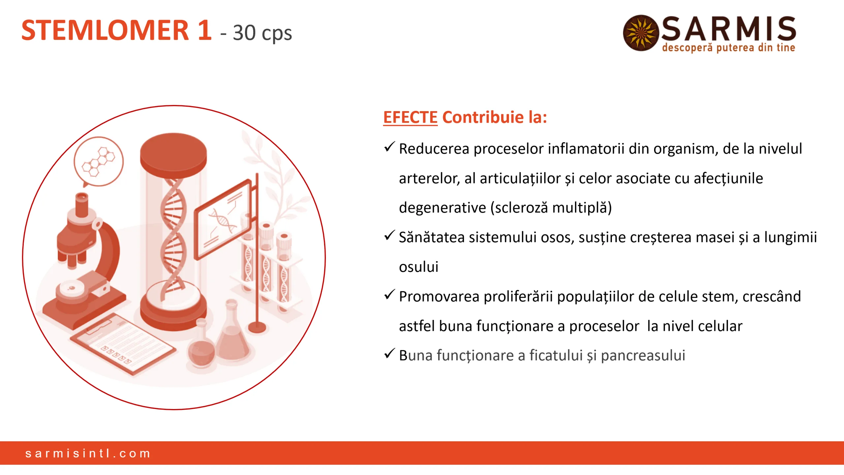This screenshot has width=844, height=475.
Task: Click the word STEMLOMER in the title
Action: pos(105,30)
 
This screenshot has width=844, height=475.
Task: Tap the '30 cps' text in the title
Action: pos(262,33)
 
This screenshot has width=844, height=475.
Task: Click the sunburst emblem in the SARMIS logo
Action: pos(641,33)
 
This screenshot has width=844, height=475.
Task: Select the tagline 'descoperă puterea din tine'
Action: pos(728,47)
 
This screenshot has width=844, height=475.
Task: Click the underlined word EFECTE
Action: pos(410,117)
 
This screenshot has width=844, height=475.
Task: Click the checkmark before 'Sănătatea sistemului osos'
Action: pos(389,236)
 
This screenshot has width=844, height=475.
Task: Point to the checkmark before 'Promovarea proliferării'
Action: pos(389,295)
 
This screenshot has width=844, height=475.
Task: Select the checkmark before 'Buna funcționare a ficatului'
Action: pos(389,354)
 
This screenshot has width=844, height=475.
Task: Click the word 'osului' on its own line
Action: pos(418,267)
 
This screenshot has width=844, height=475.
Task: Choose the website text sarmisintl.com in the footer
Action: pos(88,453)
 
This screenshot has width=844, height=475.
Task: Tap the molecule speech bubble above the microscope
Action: pos(99,162)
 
